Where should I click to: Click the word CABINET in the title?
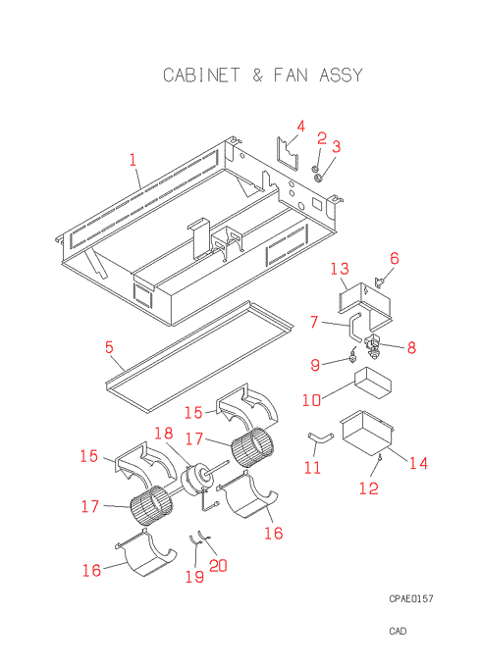201,76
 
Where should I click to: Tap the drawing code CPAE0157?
411,598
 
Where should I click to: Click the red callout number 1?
133,160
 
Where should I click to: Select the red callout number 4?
301,127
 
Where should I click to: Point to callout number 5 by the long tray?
109,347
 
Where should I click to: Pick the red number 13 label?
340,269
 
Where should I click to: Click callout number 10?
311,400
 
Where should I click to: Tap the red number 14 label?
418,462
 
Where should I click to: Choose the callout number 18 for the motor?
164,433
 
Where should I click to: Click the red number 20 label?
218,565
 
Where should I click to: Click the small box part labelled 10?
373,383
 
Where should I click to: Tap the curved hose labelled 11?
320,438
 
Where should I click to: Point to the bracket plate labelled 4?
289,154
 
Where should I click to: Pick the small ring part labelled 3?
318,177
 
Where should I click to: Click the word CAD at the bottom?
398,631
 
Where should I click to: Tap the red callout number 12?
369,487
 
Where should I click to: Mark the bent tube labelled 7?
352,327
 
